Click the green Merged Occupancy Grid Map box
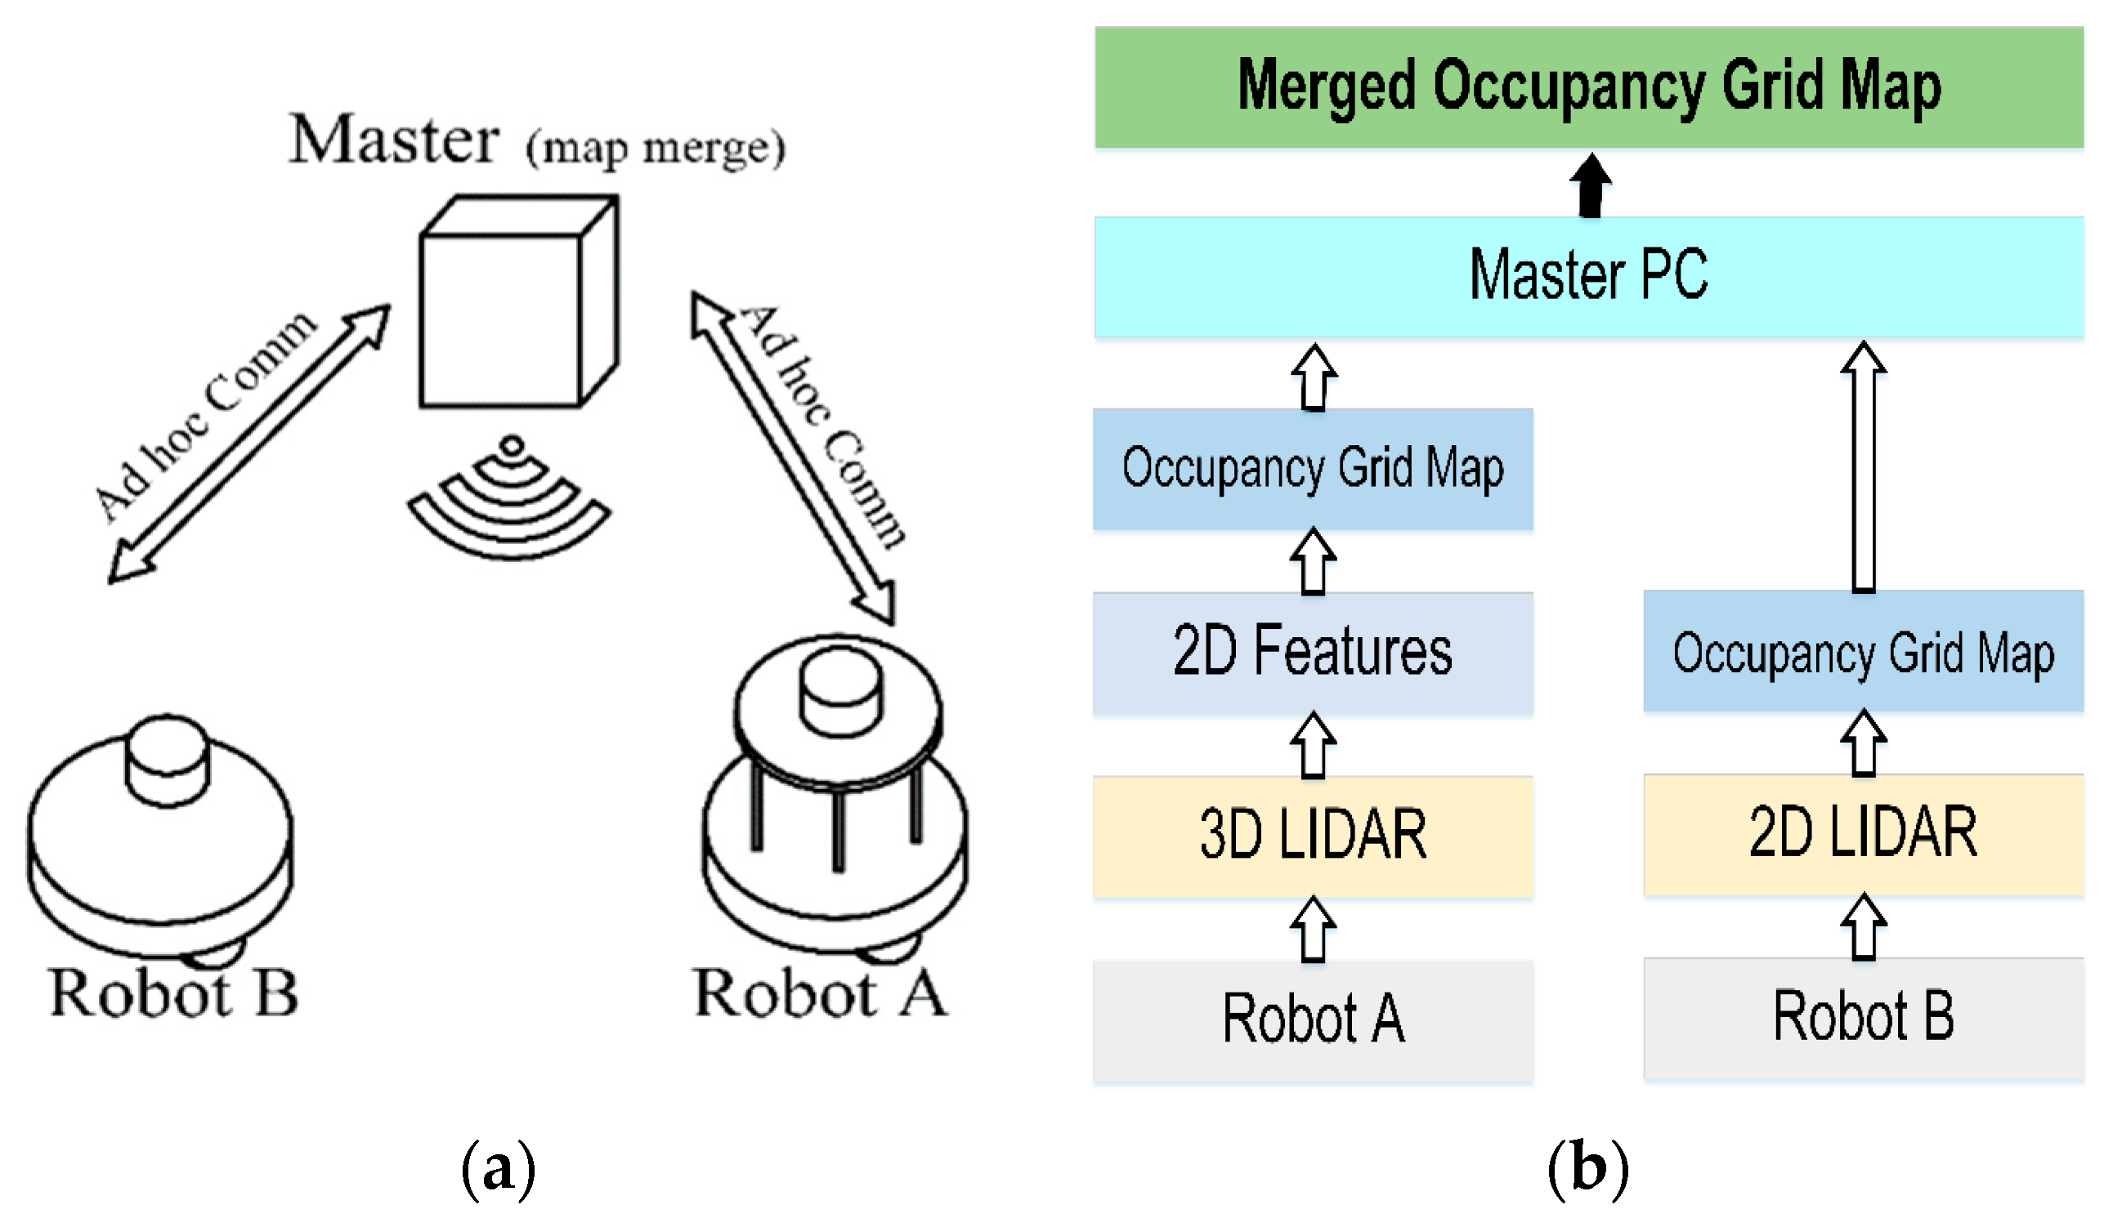pyautogui.click(x=1588, y=87)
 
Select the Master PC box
pyautogui.click(x=1588, y=276)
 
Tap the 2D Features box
pyautogui.click(x=1313, y=653)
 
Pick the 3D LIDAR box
pyautogui.click(x=1313, y=837)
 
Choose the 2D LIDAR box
pyautogui.click(x=1864, y=834)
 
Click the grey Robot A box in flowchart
pyautogui.click(x=1313, y=1020)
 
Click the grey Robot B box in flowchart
pyautogui.click(x=1864, y=1018)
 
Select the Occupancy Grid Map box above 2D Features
pyautogui.click(x=1313, y=468)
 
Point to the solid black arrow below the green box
pyautogui.click(x=1591, y=185)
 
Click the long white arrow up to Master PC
pyautogui.click(x=1864, y=467)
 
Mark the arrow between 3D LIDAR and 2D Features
pyautogui.click(x=1314, y=745)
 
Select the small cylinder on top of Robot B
pyautogui.click(x=167, y=760)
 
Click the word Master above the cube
pyautogui.click(x=394, y=140)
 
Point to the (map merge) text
pyautogui.click(x=656, y=148)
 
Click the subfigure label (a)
pyautogui.click(x=499, y=1168)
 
